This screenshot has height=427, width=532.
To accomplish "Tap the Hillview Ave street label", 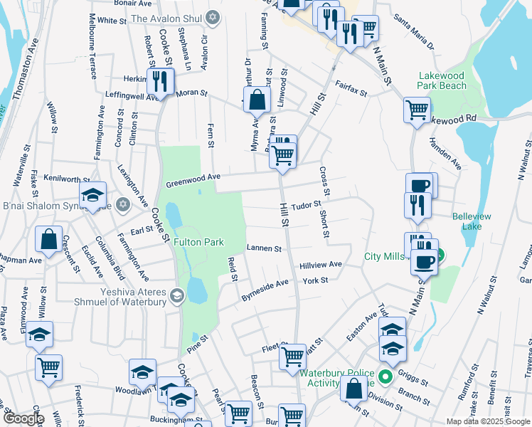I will (x=320, y=264).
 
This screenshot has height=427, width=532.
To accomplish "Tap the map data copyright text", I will (x=487, y=421).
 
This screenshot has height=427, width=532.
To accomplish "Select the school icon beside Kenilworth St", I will (x=92, y=196).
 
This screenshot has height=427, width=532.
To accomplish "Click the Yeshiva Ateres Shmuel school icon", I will (x=176, y=295).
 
